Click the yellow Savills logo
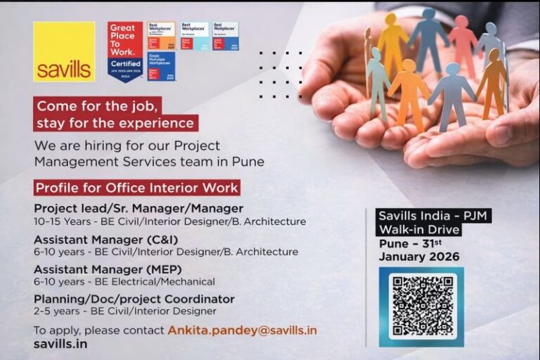(x=64, y=51)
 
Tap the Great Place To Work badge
(x=125, y=51)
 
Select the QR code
(x=420, y=304)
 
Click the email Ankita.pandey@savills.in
(x=242, y=330)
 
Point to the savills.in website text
(x=60, y=344)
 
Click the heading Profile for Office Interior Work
(x=137, y=188)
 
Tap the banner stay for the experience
(x=115, y=123)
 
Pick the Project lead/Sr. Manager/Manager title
(x=139, y=208)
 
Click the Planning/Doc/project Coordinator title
(x=134, y=299)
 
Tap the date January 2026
(x=419, y=257)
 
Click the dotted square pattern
(x=280, y=74)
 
